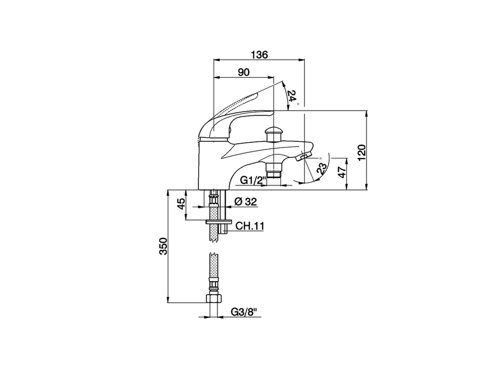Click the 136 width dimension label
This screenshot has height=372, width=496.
[259, 55]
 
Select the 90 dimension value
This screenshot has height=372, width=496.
[244, 72]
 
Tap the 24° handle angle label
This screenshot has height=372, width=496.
[294, 96]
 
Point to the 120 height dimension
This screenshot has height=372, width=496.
[362, 152]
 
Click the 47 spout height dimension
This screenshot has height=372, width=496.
[343, 172]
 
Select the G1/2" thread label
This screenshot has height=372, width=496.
[252, 180]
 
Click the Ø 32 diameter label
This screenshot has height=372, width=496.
[246, 201]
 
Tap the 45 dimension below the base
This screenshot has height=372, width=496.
[181, 204]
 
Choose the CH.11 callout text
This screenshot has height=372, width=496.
[250, 226]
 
